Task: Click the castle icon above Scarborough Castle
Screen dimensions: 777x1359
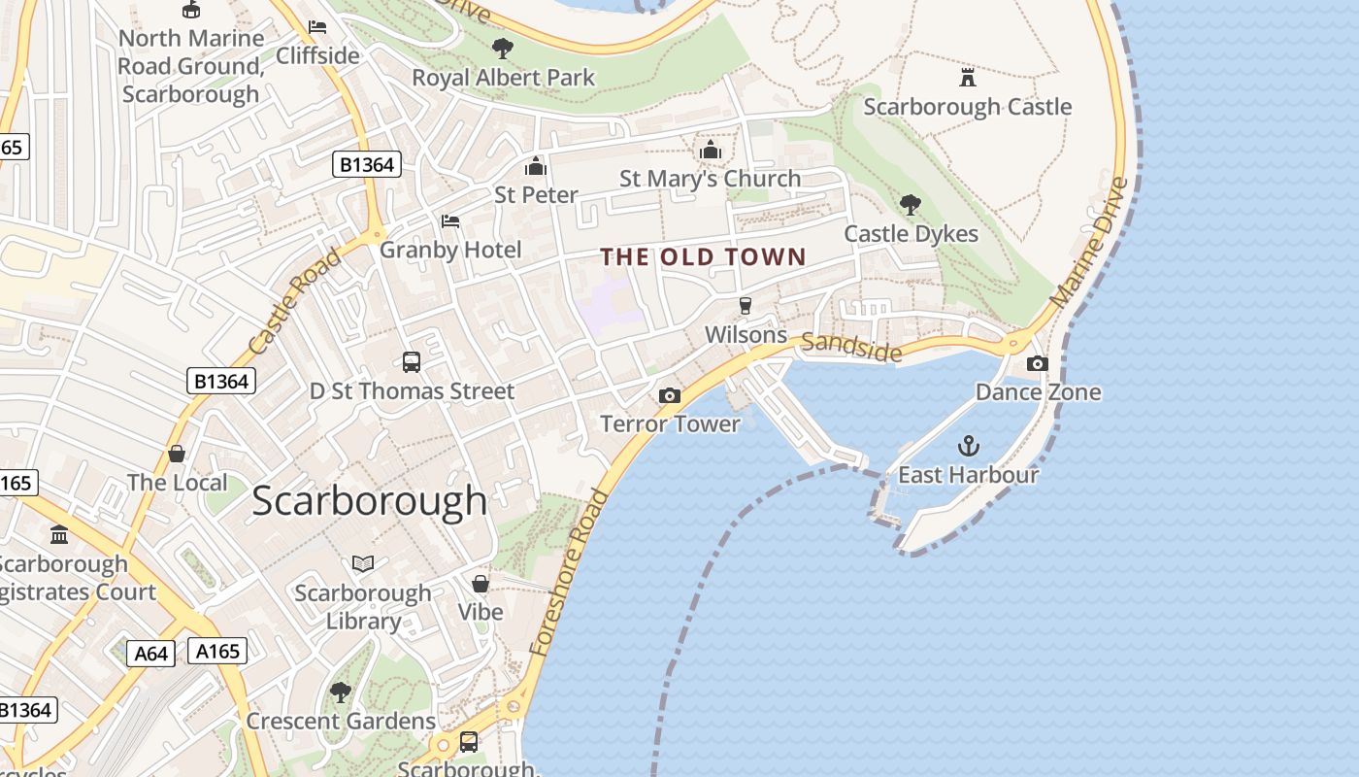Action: (967, 77)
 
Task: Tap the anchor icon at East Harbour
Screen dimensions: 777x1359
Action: (968, 446)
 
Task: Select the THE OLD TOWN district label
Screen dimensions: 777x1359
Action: (703, 256)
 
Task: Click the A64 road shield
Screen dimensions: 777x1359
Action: (150, 653)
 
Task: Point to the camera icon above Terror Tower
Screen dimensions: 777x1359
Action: (669, 395)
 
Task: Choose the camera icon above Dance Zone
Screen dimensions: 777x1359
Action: (1037, 363)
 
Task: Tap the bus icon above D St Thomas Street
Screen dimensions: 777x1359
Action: (412, 362)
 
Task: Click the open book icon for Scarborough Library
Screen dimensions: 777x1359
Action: (363, 563)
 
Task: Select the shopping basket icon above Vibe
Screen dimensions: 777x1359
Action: (480, 583)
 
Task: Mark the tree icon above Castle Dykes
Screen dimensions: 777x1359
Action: (910, 204)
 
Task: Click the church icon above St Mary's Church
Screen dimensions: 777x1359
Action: (711, 150)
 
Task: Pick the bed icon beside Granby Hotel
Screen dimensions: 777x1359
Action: (450, 221)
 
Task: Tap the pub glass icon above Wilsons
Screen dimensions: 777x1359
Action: (746, 305)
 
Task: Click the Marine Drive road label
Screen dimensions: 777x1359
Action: (1090, 242)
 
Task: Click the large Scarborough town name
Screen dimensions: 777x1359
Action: (369, 500)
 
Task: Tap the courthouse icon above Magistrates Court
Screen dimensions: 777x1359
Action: (59, 534)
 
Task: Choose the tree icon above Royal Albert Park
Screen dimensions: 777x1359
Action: (502, 48)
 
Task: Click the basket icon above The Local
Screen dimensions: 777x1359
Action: (177, 454)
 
